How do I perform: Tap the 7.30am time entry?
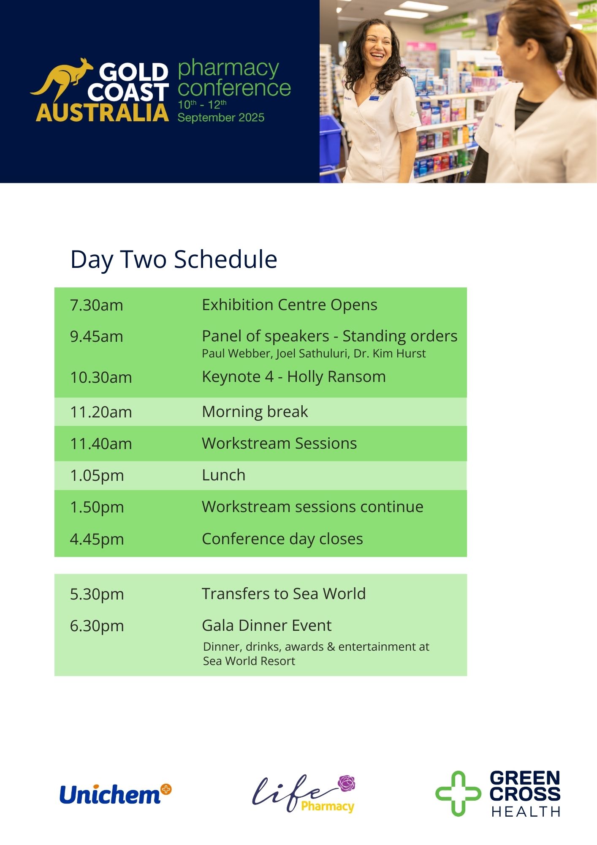point(97,305)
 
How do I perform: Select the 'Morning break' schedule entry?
point(255,412)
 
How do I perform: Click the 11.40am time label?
point(101,444)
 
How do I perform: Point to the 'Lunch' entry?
point(223,475)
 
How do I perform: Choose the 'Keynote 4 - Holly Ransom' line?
point(294,376)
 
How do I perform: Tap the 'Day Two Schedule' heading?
point(174,259)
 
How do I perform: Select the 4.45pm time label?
point(97,540)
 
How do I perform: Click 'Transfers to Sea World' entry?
point(284,594)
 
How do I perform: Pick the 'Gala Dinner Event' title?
point(267,625)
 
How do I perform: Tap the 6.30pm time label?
point(97,626)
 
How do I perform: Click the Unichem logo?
point(115,794)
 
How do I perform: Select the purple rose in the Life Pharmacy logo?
point(347,783)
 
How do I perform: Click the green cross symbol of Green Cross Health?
point(458,793)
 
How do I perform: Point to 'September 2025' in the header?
point(221,117)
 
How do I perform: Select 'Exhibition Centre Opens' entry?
point(290,305)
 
